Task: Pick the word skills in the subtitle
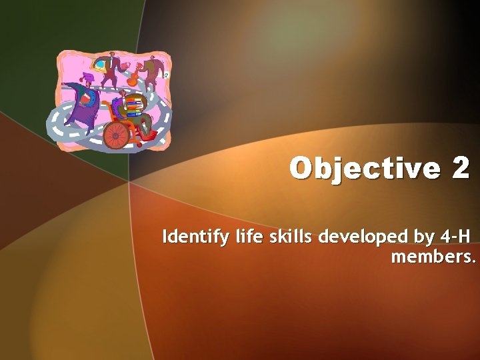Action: (x=271, y=237)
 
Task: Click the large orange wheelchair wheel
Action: (x=116, y=135)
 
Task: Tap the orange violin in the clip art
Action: (x=134, y=76)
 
